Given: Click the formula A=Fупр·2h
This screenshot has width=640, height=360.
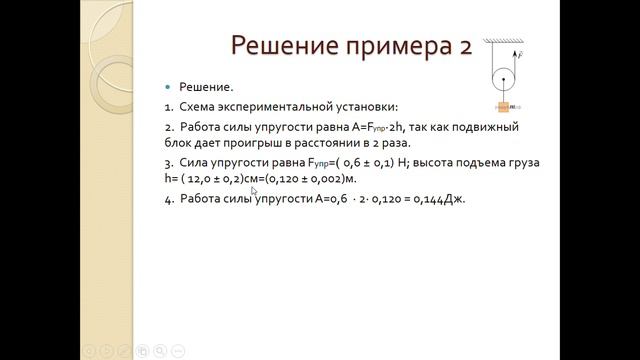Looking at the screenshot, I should [x=365, y=127].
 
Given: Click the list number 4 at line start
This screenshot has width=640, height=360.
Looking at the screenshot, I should [x=168, y=199].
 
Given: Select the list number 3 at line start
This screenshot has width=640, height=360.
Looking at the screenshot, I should [x=168, y=161].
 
